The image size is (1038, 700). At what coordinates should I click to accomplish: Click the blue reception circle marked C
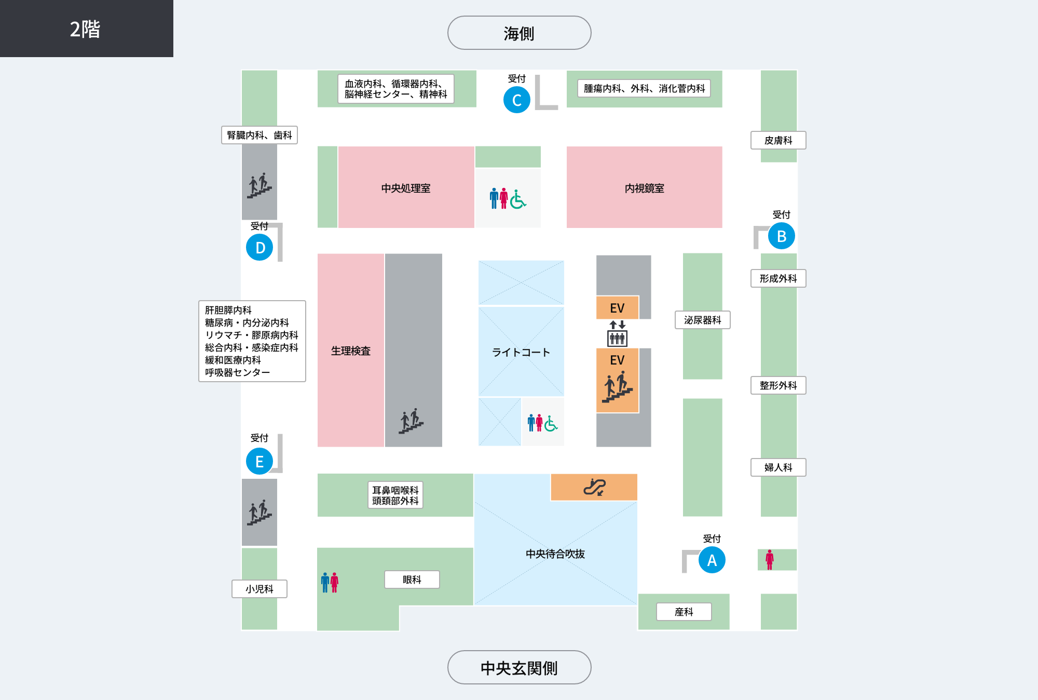coord(517,100)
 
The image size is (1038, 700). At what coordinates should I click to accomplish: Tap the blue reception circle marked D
coord(259,247)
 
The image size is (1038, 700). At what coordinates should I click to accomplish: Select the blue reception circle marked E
coord(259,461)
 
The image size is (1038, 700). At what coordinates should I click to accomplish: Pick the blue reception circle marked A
coord(712,560)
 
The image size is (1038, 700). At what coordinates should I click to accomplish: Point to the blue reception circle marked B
coord(782,236)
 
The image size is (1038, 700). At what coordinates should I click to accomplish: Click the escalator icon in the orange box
coord(594,487)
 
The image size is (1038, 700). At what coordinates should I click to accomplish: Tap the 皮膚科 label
coord(778,140)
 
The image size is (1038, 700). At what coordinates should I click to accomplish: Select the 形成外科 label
coord(778,278)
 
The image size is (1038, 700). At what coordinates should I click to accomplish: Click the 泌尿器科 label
coord(703,320)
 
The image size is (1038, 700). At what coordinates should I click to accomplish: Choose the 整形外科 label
coord(778,385)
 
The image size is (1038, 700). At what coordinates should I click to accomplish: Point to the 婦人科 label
coord(778,467)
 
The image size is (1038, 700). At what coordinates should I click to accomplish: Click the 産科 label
coord(684,612)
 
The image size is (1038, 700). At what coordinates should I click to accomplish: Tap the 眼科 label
coord(412,580)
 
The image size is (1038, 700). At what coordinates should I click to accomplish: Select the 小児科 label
coord(259,589)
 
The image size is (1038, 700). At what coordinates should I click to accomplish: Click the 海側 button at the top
coord(519,33)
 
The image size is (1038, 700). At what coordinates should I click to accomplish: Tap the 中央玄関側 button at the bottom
coord(519,667)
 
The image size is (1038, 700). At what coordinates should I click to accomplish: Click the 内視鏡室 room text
coord(645,188)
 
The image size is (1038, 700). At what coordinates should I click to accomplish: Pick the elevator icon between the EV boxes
coord(617,333)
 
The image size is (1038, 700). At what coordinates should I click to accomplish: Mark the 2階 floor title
coord(85,29)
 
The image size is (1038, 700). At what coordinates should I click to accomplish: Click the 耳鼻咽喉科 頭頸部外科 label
coord(395,495)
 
